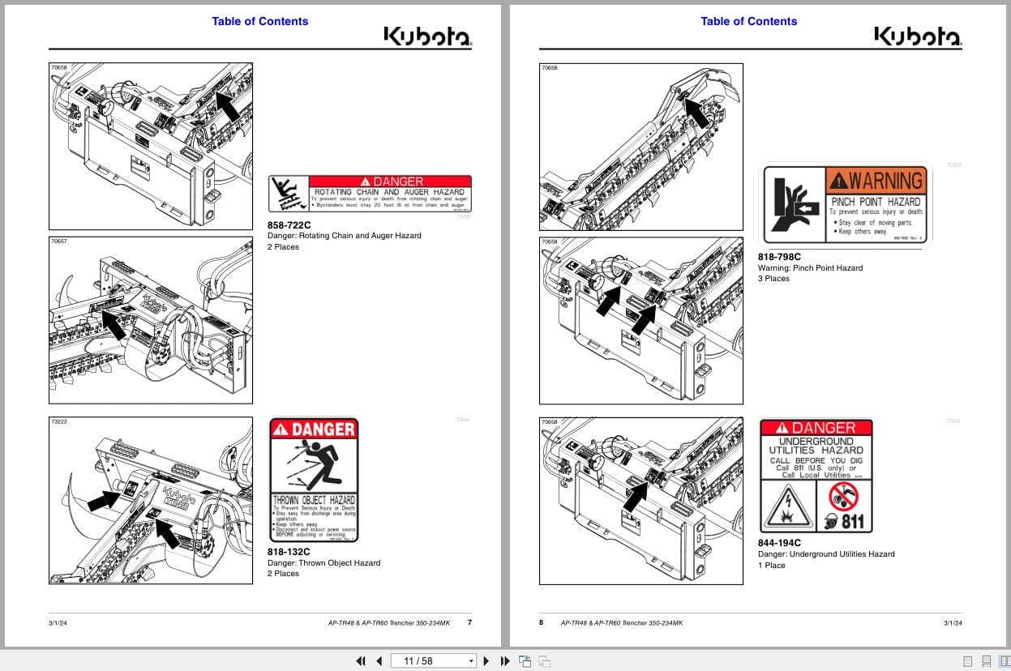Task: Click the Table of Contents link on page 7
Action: pos(259,21)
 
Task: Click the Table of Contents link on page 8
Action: pos(748,21)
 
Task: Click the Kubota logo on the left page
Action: pos(427,36)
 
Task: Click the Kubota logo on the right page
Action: pos(917,36)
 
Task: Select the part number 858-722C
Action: pos(289,225)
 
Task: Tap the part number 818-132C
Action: pos(289,552)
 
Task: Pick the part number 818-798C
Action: pos(779,257)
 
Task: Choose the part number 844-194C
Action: pos(779,543)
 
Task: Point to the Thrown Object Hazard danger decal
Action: pos(313,480)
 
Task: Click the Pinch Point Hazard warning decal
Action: pos(845,203)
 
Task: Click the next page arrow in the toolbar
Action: pos(486,661)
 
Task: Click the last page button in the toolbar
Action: pos(503,661)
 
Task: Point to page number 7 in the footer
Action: pos(469,622)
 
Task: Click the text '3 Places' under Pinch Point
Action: pos(773,279)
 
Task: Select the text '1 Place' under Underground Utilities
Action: pos(771,566)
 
